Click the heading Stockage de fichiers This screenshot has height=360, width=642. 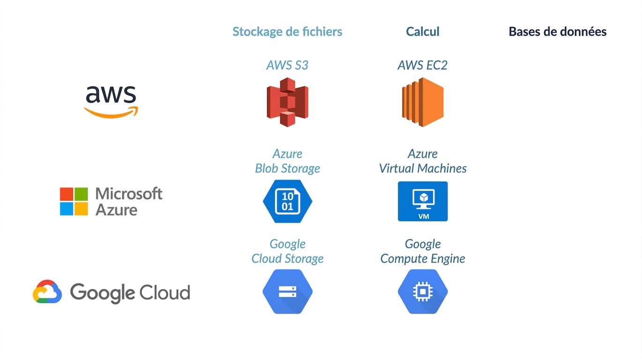(x=287, y=32)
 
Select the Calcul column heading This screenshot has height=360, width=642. (x=423, y=31)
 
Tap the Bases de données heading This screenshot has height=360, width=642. (x=558, y=31)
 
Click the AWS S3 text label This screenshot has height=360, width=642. (x=287, y=65)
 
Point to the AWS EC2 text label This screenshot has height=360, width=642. (x=423, y=65)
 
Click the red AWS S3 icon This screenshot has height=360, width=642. (x=287, y=102)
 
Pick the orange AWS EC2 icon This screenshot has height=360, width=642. (x=423, y=102)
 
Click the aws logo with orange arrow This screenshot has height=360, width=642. (x=111, y=102)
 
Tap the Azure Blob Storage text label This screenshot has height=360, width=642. (x=287, y=161)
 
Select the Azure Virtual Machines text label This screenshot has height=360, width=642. (x=423, y=161)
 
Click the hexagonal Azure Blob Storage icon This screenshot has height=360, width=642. (x=287, y=201)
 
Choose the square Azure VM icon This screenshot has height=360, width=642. (x=423, y=201)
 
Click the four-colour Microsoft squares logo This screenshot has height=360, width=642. (x=74, y=201)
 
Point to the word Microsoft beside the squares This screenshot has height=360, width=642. (x=129, y=194)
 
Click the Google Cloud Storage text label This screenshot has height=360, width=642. (x=287, y=251)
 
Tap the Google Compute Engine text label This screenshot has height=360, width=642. (x=423, y=251)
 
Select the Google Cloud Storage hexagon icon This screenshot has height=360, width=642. (x=287, y=292)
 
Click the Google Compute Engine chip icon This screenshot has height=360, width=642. (x=423, y=292)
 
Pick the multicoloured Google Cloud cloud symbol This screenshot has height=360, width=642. (x=47, y=292)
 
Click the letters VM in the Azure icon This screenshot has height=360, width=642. (x=424, y=217)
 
